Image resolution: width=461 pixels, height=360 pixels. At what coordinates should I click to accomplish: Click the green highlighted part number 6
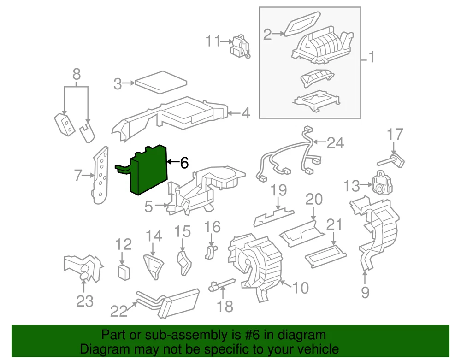click(x=148, y=171)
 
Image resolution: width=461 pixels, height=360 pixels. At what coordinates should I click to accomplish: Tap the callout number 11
click(x=213, y=41)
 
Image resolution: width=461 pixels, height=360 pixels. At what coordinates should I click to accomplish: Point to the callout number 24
click(x=335, y=143)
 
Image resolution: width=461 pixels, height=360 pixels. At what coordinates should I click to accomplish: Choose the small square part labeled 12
click(x=124, y=272)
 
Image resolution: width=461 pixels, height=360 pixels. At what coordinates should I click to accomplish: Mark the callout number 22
click(x=118, y=312)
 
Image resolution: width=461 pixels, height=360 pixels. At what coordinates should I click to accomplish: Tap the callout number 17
click(x=395, y=135)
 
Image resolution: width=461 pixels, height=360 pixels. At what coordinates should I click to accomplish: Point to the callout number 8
click(x=77, y=74)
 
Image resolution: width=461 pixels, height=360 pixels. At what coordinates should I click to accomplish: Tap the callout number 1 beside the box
click(x=371, y=58)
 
